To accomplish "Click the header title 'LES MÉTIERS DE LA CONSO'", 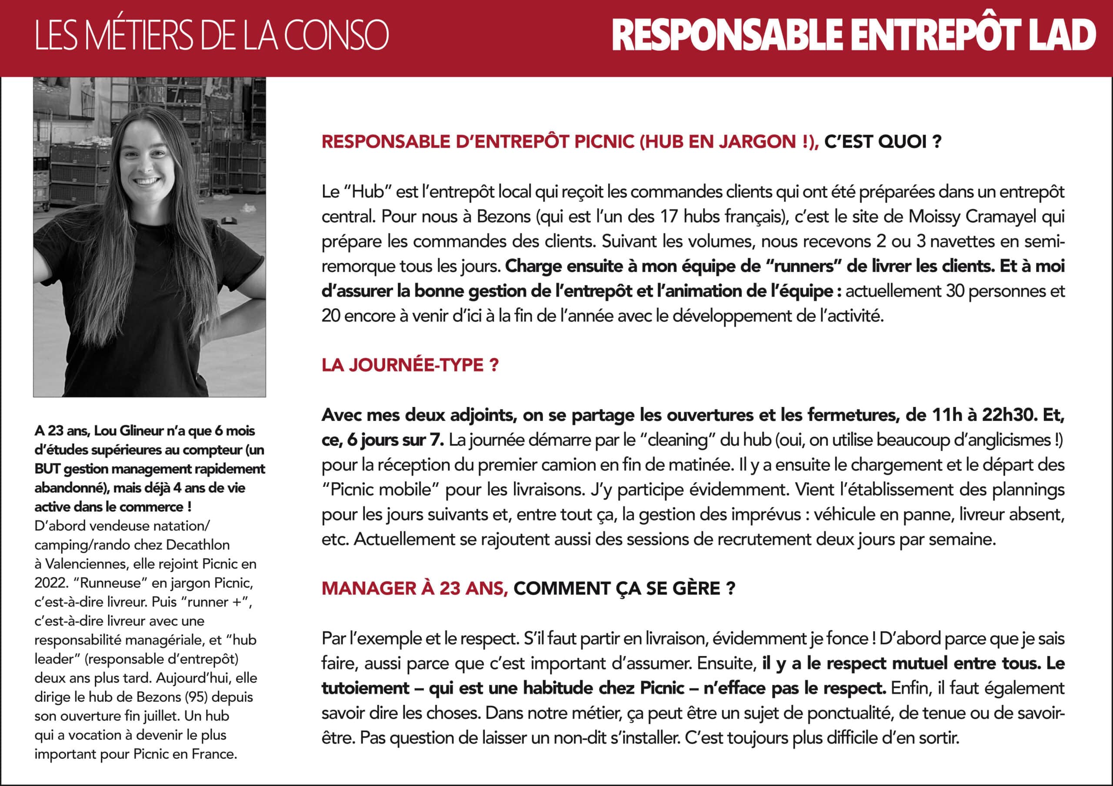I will point(211,35).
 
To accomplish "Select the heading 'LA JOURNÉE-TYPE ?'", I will point(410,365).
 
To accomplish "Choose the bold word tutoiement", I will point(366,688).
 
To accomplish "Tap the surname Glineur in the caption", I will point(142,430).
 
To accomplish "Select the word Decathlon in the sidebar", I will point(198,545).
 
